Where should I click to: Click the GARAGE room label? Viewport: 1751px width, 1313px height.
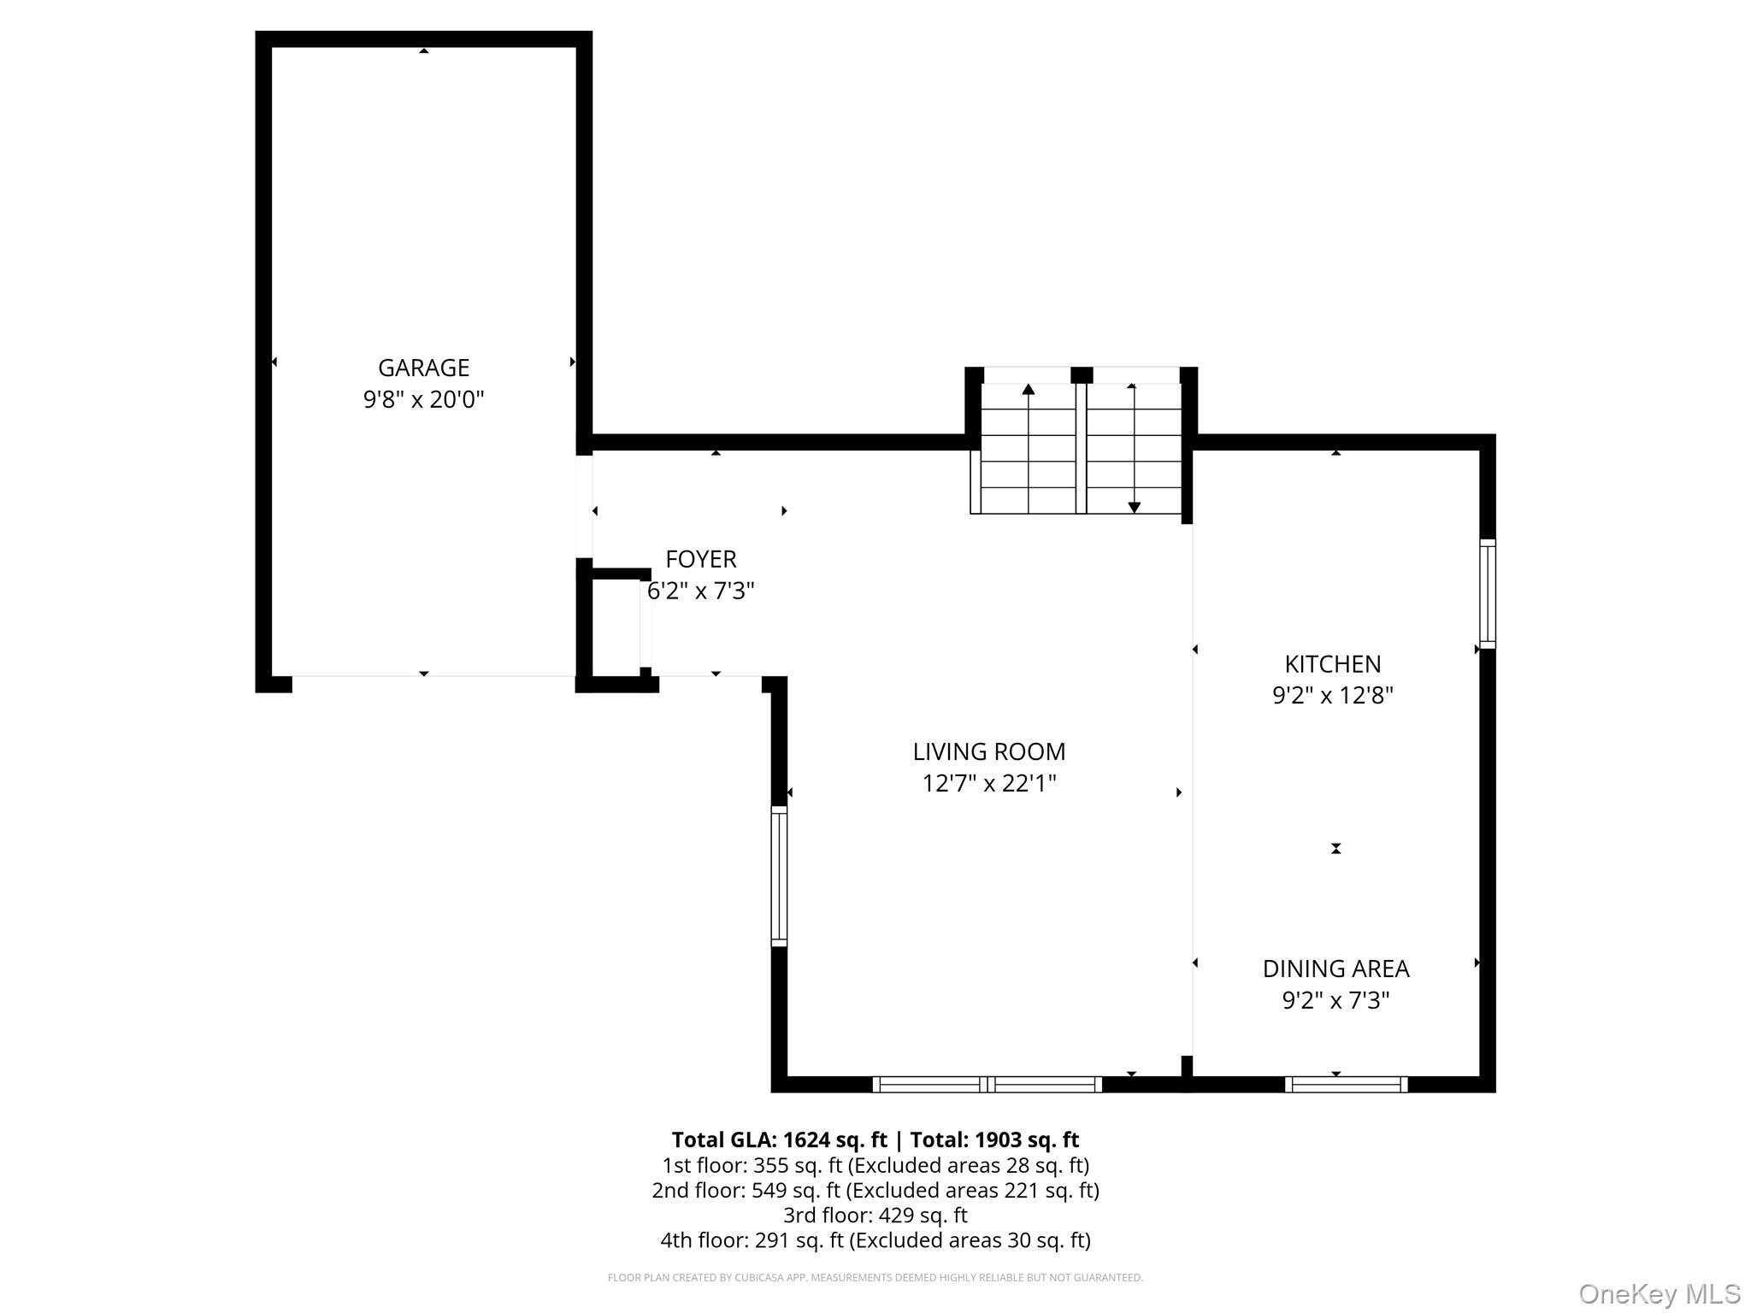(423, 368)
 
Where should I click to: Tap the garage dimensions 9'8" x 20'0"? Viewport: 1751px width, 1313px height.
(423, 399)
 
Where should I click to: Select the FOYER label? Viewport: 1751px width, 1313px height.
(701, 559)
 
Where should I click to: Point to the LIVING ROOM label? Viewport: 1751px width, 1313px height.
(989, 751)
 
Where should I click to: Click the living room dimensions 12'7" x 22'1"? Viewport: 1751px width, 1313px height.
(989, 783)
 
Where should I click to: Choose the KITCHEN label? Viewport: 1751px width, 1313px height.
(1333, 664)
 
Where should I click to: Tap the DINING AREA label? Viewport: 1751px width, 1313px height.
(1335, 969)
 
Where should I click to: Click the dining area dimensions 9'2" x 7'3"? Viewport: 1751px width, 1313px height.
(1335, 1000)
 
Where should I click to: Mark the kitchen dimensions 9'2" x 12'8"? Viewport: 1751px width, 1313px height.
(1333, 695)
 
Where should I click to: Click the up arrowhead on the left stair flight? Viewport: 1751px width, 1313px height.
(1029, 390)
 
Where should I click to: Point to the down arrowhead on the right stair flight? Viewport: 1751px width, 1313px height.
(1134, 507)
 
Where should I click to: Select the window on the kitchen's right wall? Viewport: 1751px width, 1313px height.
(1488, 594)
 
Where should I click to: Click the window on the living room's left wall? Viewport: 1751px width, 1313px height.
(779, 876)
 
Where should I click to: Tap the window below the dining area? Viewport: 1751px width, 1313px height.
(1347, 1085)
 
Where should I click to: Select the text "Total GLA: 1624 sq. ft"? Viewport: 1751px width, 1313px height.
(779, 1139)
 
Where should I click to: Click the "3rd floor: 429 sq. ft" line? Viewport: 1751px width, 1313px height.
(875, 1215)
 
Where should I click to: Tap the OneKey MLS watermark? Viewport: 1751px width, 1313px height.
(1660, 1294)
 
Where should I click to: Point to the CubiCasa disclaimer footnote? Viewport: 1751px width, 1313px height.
(875, 1278)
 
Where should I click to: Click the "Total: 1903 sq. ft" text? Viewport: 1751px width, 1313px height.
(994, 1139)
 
